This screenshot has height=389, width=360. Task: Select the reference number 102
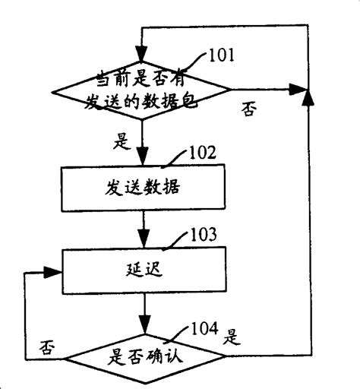(x=201, y=152)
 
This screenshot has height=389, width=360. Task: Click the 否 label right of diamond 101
(x=248, y=110)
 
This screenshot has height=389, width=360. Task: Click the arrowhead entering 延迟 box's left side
(x=55, y=271)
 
